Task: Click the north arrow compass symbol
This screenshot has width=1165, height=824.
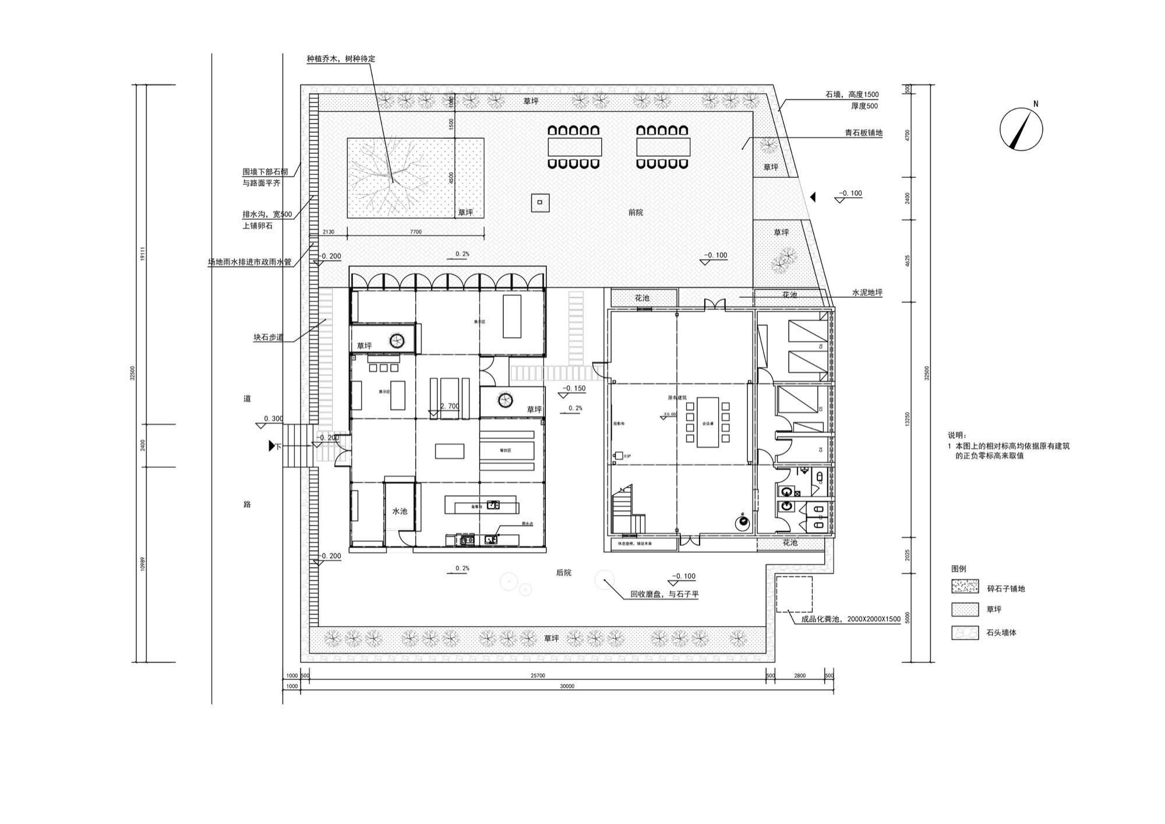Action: click(1021, 129)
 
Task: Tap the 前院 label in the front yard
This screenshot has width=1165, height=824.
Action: click(636, 213)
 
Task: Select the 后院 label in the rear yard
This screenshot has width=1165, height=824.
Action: click(563, 573)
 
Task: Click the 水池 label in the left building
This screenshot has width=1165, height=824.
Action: click(400, 511)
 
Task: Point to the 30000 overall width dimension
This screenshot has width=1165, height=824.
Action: click(567, 686)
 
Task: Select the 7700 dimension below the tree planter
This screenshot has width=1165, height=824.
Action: click(415, 232)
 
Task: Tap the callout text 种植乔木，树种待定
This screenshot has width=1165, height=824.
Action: click(341, 59)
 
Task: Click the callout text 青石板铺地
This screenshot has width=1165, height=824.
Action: click(864, 133)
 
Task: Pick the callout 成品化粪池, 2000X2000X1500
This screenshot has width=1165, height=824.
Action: click(850, 619)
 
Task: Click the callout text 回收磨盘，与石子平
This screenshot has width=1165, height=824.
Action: click(665, 595)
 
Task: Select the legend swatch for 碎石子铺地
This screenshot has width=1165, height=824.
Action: click(965, 587)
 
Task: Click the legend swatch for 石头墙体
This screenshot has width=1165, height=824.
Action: click(965, 632)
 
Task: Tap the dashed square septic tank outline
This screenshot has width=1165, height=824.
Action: click(794, 594)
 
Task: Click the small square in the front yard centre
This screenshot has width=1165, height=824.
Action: click(539, 202)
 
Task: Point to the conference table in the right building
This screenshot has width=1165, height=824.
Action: click(708, 422)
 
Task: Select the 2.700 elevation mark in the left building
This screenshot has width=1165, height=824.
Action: click(449, 406)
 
